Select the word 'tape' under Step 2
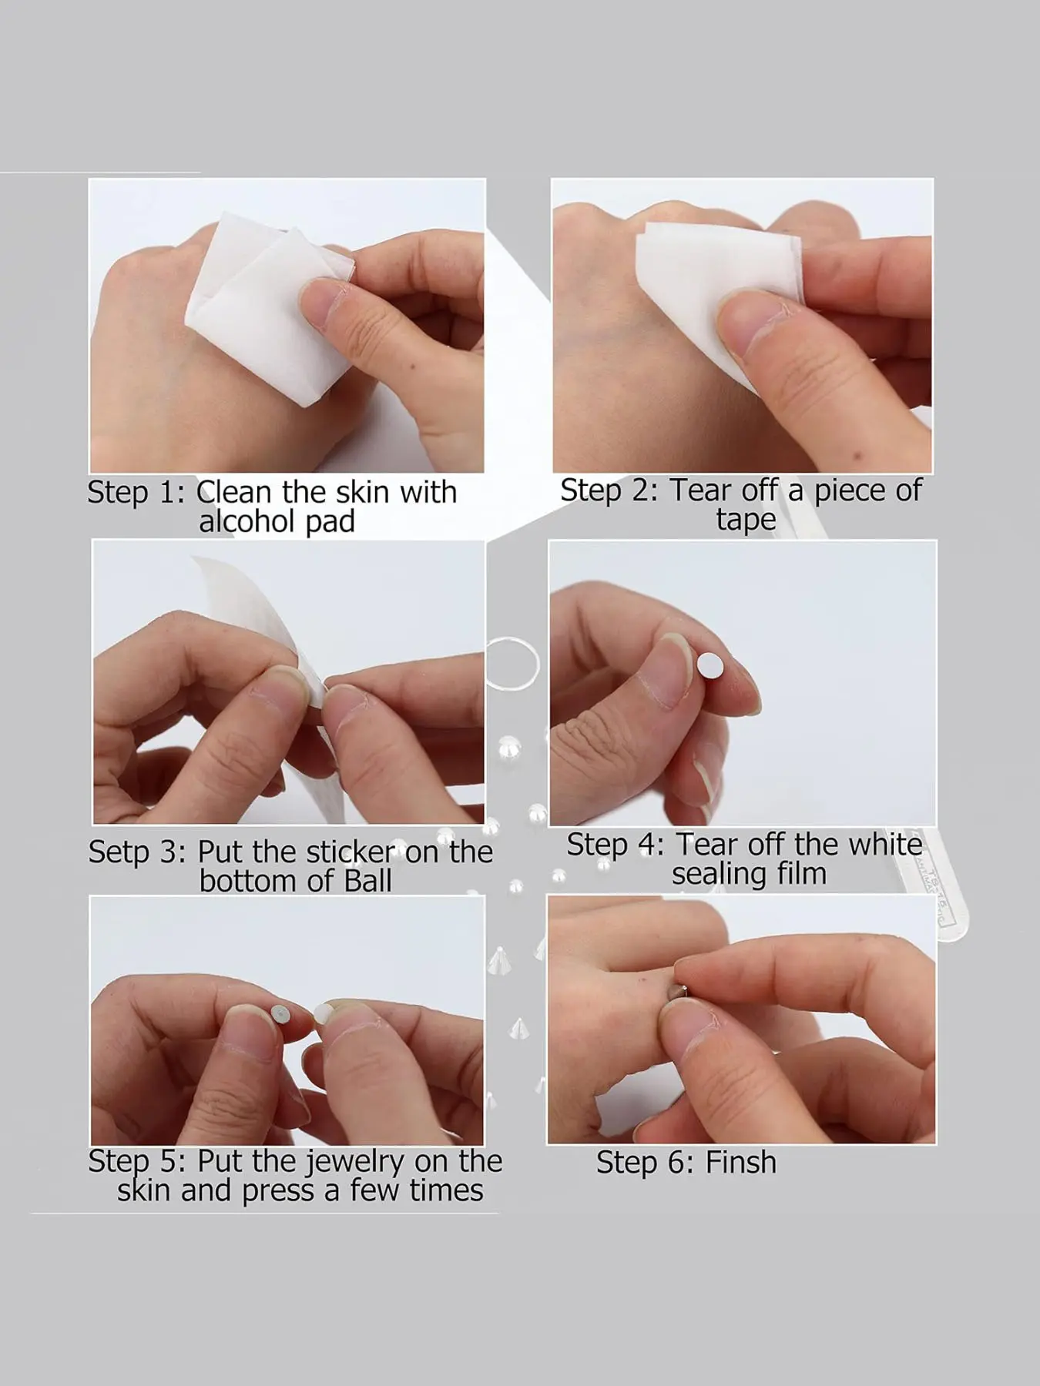[746, 521]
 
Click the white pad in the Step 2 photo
[716, 293]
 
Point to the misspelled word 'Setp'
[118, 852]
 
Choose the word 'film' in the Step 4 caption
[800, 873]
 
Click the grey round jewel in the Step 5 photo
[281, 1013]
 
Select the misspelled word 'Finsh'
[740, 1162]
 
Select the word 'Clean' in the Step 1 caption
[234, 491]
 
